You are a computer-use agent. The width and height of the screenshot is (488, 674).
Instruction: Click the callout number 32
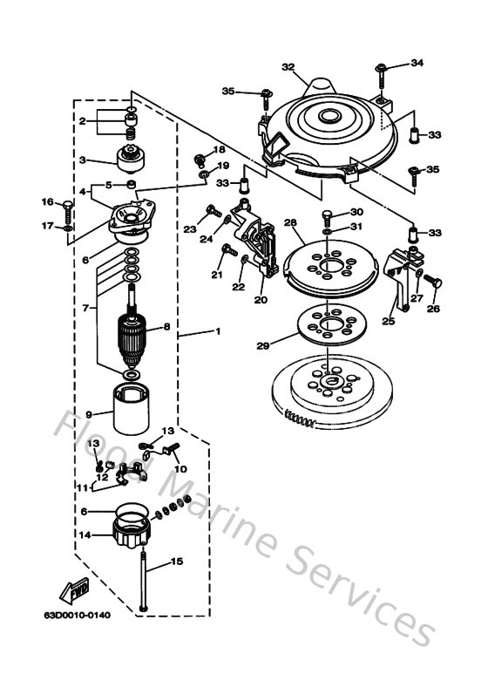(288, 66)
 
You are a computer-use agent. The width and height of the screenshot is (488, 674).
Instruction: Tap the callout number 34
(417, 63)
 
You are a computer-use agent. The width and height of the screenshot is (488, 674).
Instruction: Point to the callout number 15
(177, 562)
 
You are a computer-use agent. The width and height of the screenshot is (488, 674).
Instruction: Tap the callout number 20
(260, 299)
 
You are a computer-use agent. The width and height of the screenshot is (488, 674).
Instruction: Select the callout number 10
(182, 469)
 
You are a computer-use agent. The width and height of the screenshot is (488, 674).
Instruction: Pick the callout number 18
(219, 150)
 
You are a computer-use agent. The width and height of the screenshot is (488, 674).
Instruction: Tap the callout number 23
(189, 229)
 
